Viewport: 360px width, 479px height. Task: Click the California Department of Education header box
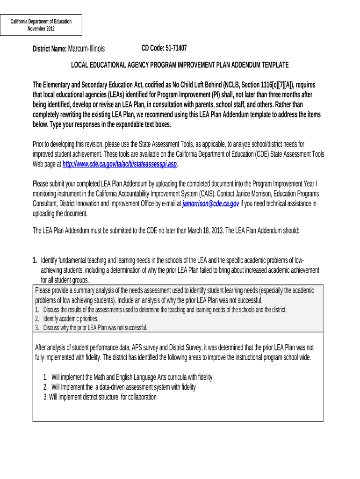pyautogui.click(x=41, y=25)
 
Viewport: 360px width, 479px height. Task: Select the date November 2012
pyautogui.click(x=41, y=29)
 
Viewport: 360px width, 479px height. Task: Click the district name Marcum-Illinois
pyautogui.click(x=86, y=49)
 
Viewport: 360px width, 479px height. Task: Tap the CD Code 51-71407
pyautogui.click(x=164, y=48)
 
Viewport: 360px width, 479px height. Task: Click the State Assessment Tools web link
pyautogui.click(x=120, y=164)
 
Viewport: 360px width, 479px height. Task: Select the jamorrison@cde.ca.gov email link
pyautogui.click(x=211, y=204)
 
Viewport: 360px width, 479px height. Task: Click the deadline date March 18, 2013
pyautogui.click(x=203, y=231)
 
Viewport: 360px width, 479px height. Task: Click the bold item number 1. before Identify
pyautogui.click(x=35, y=260)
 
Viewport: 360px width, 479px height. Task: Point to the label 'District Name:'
pyautogui.click(x=50, y=49)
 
